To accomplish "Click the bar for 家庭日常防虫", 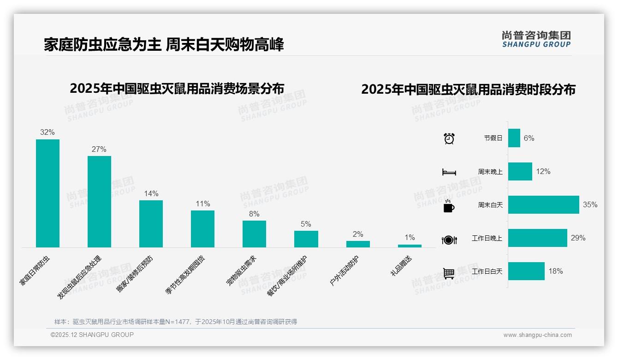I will click(x=48, y=193).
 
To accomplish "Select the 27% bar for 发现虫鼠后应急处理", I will click(x=99, y=201).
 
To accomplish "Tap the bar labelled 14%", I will click(x=151, y=223).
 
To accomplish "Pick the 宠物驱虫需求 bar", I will click(x=254, y=234).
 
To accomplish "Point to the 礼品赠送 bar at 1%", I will click(x=410, y=246).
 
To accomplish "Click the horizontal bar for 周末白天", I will click(x=543, y=204).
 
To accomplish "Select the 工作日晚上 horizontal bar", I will click(x=537, y=238).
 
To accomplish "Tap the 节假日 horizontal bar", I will click(x=514, y=138).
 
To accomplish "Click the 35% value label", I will click(x=590, y=204).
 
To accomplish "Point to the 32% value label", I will click(x=47, y=132).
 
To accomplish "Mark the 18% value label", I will click(x=555, y=271).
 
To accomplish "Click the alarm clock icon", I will click(x=449, y=138).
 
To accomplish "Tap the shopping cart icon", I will click(x=449, y=273).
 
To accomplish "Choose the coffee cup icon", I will click(x=449, y=206).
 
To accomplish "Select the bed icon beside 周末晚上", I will click(x=449, y=172).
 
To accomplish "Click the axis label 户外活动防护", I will click(x=345, y=270).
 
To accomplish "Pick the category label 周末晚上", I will click(x=490, y=172).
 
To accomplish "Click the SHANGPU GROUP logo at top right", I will click(x=536, y=39).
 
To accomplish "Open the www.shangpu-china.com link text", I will click(x=537, y=335).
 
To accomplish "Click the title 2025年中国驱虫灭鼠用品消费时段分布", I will click(x=468, y=89).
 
